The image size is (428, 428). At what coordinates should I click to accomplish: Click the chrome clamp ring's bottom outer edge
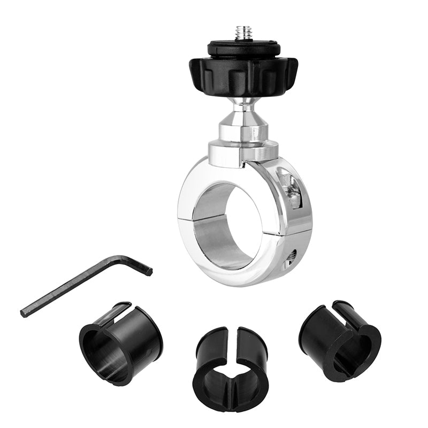pos(235,280)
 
